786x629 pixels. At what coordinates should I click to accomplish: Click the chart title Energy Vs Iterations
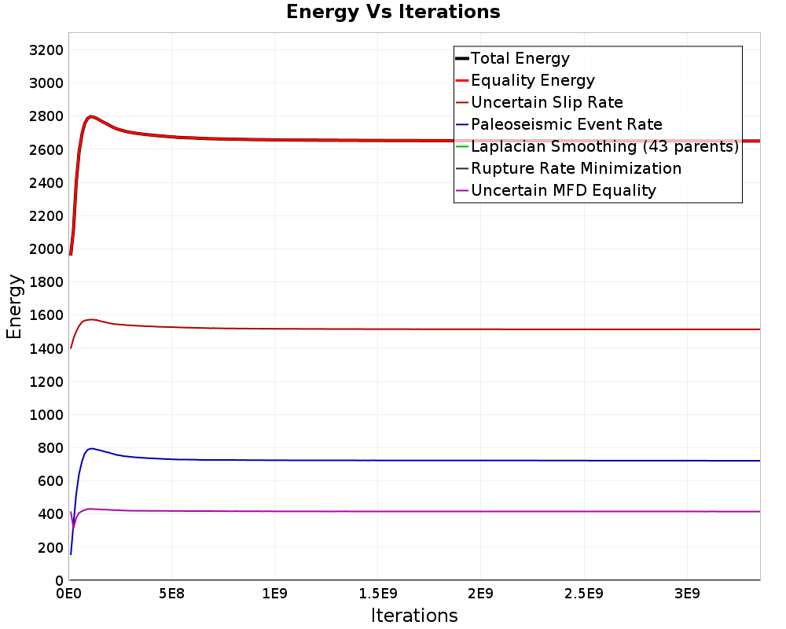(393, 12)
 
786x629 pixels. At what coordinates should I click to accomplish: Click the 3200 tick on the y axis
(46, 50)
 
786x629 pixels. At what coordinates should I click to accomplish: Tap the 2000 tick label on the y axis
(46, 249)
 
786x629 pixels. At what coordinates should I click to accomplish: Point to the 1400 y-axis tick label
(46, 348)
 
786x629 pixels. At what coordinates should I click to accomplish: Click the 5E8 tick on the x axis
(171, 594)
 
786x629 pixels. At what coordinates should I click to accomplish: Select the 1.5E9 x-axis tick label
(377, 594)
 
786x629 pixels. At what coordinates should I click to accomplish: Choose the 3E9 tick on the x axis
(686, 594)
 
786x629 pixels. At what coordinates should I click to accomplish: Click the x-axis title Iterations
(414, 616)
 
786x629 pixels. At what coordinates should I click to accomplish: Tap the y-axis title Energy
(14, 307)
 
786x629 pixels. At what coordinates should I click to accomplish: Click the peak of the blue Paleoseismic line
(91, 448)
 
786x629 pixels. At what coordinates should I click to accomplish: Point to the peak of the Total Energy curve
(90, 117)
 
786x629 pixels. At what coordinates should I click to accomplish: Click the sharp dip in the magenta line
(74, 527)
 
